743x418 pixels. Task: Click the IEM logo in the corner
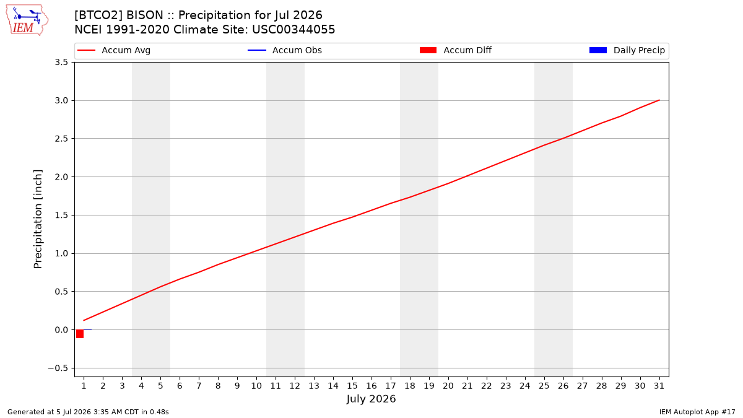pyautogui.click(x=27, y=20)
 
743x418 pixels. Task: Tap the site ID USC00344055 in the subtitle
pyautogui.click(x=293, y=30)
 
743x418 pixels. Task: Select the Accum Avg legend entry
pyautogui.click(x=114, y=50)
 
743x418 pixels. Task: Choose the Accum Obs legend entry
pyautogui.click(x=285, y=50)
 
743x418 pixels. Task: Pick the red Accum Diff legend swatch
pyautogui.click(x=428, y=50)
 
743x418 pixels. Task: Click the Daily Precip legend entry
pyautogui.click(x=627, y=50)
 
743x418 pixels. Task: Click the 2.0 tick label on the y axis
pyautogui.click(x=61, y=177)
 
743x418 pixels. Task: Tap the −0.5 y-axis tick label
pyautogui.click(x=58, y=368)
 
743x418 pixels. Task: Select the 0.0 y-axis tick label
pyautogui.click(x=61, y=329)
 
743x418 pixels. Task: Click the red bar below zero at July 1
pyautogui.click(x=80, y=334)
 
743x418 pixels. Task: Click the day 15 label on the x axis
pyautogui.click(x=352, y=386)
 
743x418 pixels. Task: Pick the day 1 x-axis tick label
pyautogui.click(x=84, y=386)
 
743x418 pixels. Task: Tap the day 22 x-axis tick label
pyautogui.click(x=487, y=386)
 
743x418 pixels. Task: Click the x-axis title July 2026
pyautogui.click(x=371, y=399)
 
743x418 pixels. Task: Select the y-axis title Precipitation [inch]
pyautogui.click(x=38, y=219)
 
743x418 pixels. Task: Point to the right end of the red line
pyautogui.click(x=659, y=100)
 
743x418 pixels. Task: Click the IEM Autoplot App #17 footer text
pyautogui.click(x=697, y=412)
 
